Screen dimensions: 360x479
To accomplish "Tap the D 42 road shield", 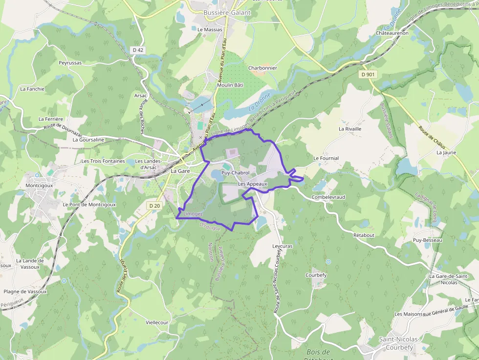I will click(138, 50).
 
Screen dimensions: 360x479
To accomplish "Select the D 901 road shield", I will click(368, 75).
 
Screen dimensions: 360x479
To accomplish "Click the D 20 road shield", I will click(154, 206).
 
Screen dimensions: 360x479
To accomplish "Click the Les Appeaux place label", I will click(253, 184).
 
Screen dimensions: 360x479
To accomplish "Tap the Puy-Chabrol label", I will click(236, 173).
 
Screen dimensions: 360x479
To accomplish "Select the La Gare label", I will click(180, 171).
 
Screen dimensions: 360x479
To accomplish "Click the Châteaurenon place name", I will click(392, 33).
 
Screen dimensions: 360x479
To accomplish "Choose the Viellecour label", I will click(157, 322).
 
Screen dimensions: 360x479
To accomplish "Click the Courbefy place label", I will click(316, 275).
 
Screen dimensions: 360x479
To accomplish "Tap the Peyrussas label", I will click(70, 63).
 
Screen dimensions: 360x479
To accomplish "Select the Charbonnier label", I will click(262, 68).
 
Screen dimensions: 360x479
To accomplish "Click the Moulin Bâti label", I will click(230, 85).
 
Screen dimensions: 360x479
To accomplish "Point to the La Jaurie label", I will click(446, 152).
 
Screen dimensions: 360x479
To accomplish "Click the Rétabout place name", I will click(364, 235).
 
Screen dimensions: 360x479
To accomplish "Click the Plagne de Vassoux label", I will click(25, 292).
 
